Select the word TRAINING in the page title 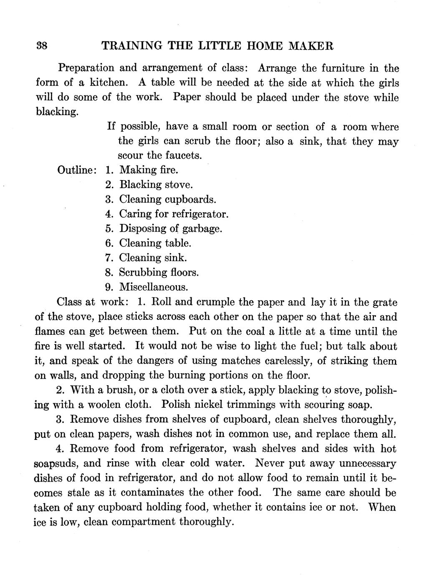point(131,45)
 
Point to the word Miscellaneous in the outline point(153,287)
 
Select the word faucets point(184,156)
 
